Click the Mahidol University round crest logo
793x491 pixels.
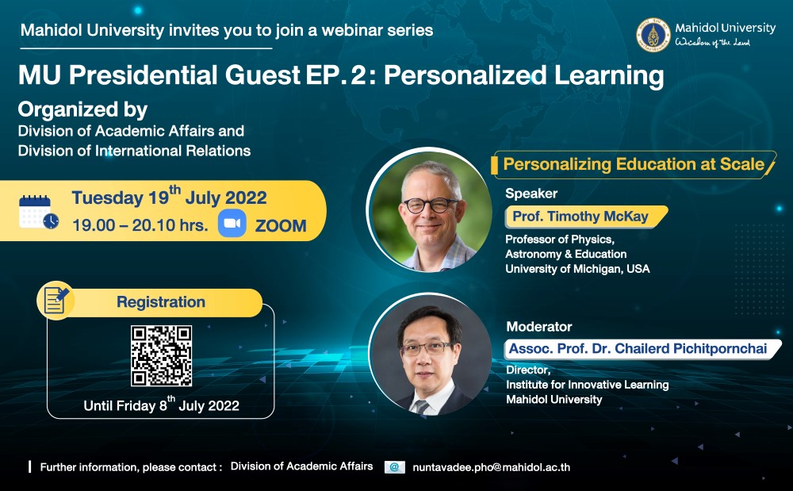click(653, 36)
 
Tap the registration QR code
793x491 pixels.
click(161, 356)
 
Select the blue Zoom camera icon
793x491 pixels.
click(232, 224)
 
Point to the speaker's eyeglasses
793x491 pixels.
click(430, 205)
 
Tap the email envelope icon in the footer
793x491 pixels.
click(394, 467)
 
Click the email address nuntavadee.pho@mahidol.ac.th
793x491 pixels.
click(491, 467)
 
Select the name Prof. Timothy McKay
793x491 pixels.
click(580, 217)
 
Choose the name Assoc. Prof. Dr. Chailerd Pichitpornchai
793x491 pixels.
click(638, 348)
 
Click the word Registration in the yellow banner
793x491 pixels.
click(161, 302)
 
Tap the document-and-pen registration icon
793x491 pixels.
click(56, 300)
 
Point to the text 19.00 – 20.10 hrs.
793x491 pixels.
click(140, 225)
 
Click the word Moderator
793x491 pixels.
click(539, 327)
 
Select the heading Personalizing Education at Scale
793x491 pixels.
click(634, 164)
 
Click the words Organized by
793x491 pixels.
click(83, 109)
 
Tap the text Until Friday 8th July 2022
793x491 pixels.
click(161, 405)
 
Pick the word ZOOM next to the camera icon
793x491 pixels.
click(281, 225)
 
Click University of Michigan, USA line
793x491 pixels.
click(577, 269)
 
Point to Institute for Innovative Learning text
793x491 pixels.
click(587, 385)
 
